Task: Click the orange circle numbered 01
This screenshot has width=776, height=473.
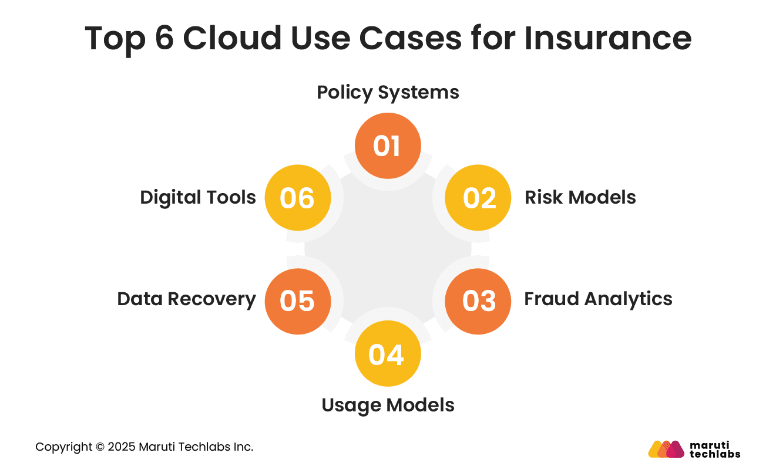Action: (388, 146)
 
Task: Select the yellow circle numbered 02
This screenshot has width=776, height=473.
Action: (478, 198)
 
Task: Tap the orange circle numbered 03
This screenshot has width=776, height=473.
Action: (478, 301)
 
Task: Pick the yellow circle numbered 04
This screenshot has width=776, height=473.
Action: (388, 354)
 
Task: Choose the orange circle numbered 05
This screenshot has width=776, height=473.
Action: (298, 301)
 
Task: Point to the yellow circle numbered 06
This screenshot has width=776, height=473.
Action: (298, 198)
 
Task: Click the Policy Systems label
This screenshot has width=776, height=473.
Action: (388, 93)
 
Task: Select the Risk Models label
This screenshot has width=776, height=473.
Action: (580, 198)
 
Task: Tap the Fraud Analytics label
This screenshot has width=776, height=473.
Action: (598, 299)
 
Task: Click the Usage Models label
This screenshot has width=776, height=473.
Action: (388, 406)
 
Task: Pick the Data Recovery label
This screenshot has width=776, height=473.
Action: (186, 299)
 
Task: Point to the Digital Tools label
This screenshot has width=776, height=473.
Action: (198, 198)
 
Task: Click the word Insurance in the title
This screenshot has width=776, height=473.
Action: (607, 38)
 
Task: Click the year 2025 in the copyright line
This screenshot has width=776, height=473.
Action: (122, 447)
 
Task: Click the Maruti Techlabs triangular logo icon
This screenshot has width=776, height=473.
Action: (666, 449)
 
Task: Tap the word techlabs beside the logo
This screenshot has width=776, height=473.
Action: (715, 454)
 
